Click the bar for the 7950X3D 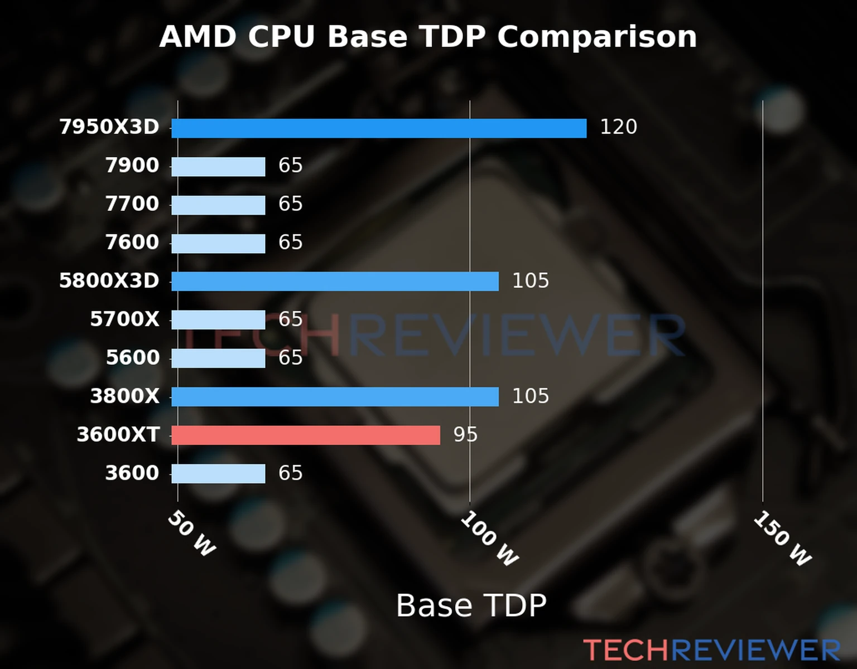click(379, 128)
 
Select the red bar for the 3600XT click(305, 435)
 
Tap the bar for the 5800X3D click(335, 282)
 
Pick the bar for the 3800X click(335, 397)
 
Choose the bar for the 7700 click(218, 205)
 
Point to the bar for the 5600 click(218, 358)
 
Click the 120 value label click(618, 127)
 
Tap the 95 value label click(465, 435)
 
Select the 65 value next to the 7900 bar click(290, 166)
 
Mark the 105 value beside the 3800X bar click(530, 396)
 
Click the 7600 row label click(132, 243)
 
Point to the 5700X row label click(124, 319)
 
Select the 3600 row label click(132, 473)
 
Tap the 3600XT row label click(118, 435)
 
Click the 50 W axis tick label click(191, 534)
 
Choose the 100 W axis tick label click(489, 539)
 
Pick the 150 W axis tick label click(782, 539)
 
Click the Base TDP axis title click(471, 605)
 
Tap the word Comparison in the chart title click(596, 37)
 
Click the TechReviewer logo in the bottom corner click(711, 650)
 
